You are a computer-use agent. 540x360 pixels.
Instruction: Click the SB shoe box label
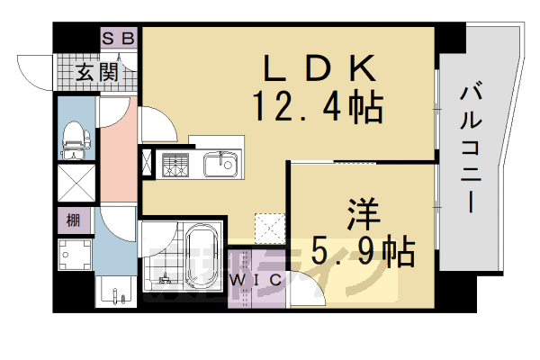(x=118, y=38)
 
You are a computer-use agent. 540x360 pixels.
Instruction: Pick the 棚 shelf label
(x=73, y=219)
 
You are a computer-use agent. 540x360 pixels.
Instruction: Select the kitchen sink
(x=220, y=165)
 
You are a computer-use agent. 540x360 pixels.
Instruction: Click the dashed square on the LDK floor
(x=269, y=227)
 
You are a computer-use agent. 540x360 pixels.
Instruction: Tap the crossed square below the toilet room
(x=75, y=184)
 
